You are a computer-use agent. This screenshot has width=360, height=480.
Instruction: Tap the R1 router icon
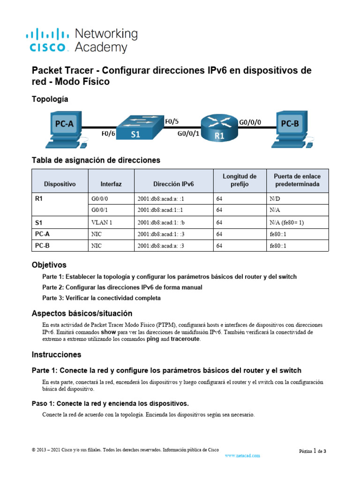[219, 128]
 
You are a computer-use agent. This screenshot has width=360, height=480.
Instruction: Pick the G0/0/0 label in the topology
[250, 122]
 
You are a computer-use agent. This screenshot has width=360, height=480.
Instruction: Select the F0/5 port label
[172, 121]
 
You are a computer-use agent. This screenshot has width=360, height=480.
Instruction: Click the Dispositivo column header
[60, 184]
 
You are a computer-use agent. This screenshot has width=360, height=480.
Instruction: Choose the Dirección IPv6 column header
[173, 184]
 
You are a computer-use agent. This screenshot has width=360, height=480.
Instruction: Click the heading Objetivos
[49, 265]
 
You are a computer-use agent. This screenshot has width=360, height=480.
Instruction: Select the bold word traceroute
[185, 339]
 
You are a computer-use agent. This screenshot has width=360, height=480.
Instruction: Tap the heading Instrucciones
[56, 354]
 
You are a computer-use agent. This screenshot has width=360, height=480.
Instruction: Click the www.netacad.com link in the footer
[242, 455]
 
